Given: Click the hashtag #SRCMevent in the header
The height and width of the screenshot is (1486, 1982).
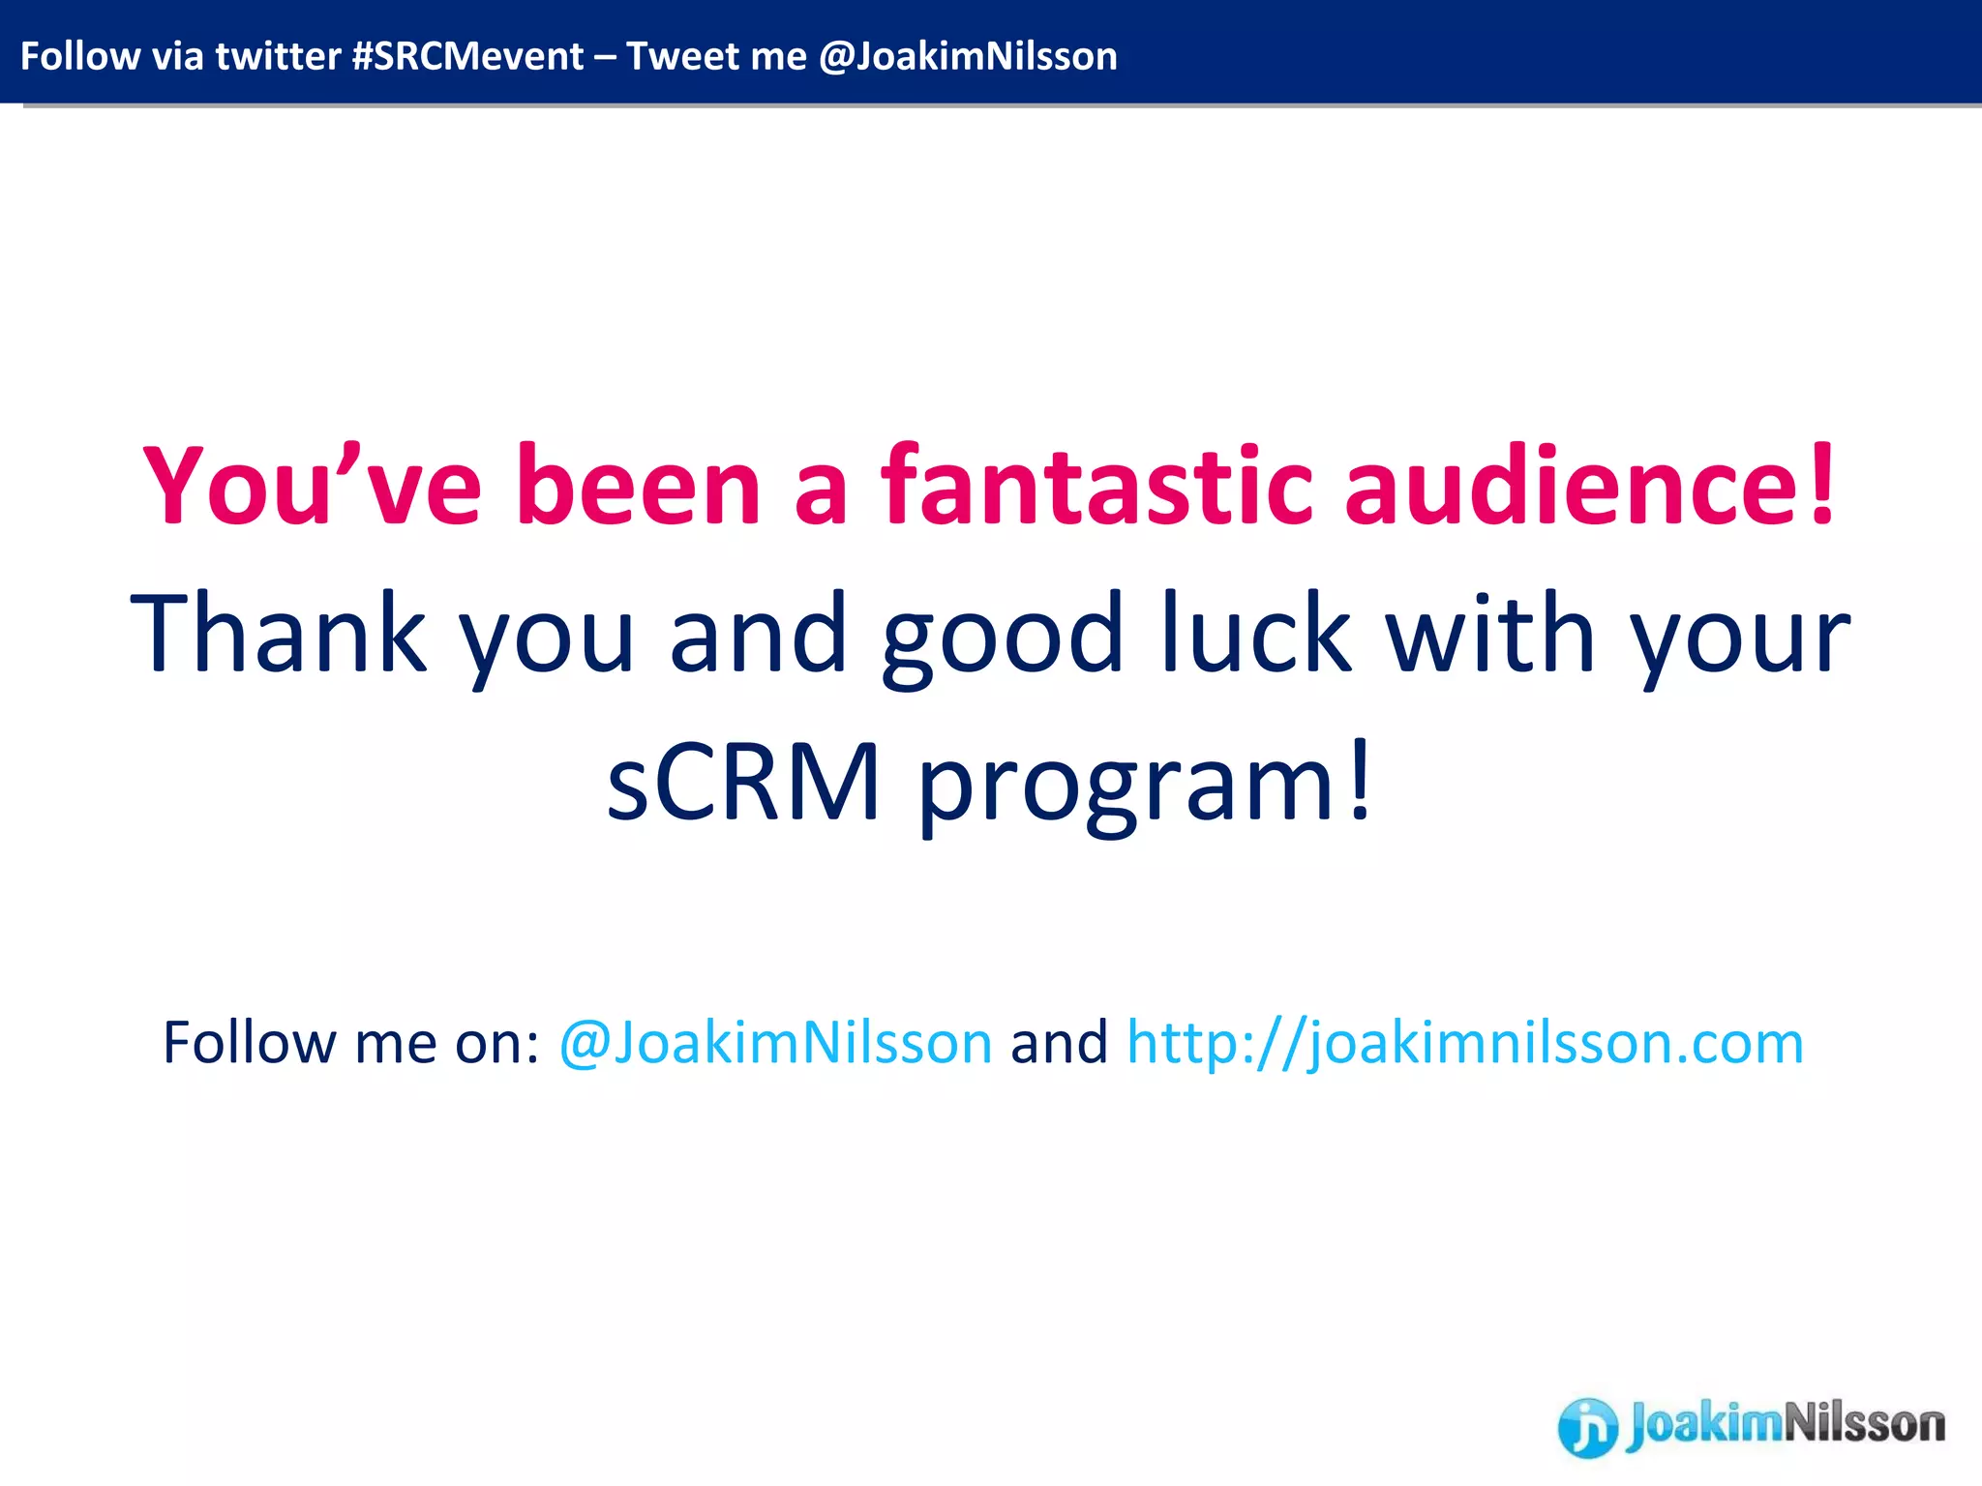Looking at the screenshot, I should point(467,56).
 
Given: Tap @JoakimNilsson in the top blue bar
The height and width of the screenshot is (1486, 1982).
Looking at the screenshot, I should point(968,56).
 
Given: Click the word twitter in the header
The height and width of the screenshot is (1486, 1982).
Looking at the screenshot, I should point(278,56).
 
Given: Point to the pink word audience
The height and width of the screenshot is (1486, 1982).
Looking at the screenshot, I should point(1572,486).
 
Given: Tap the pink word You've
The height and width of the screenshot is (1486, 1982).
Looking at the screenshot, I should point(312,486).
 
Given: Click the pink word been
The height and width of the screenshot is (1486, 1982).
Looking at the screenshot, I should point(640,486).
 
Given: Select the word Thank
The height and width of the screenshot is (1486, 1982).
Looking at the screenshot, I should point(279,634).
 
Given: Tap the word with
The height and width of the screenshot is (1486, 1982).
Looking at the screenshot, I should point(1490,634).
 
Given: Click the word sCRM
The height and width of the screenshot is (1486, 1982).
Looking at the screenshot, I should point(743,782).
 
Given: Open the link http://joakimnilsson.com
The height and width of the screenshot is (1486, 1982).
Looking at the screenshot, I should point(1465,1043).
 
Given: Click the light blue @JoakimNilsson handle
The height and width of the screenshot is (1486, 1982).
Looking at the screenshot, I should point(775,1043).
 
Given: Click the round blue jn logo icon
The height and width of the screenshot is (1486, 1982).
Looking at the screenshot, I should point(1587,1427).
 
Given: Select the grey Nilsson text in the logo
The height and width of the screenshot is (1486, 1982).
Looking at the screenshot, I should point(1863,1423).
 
